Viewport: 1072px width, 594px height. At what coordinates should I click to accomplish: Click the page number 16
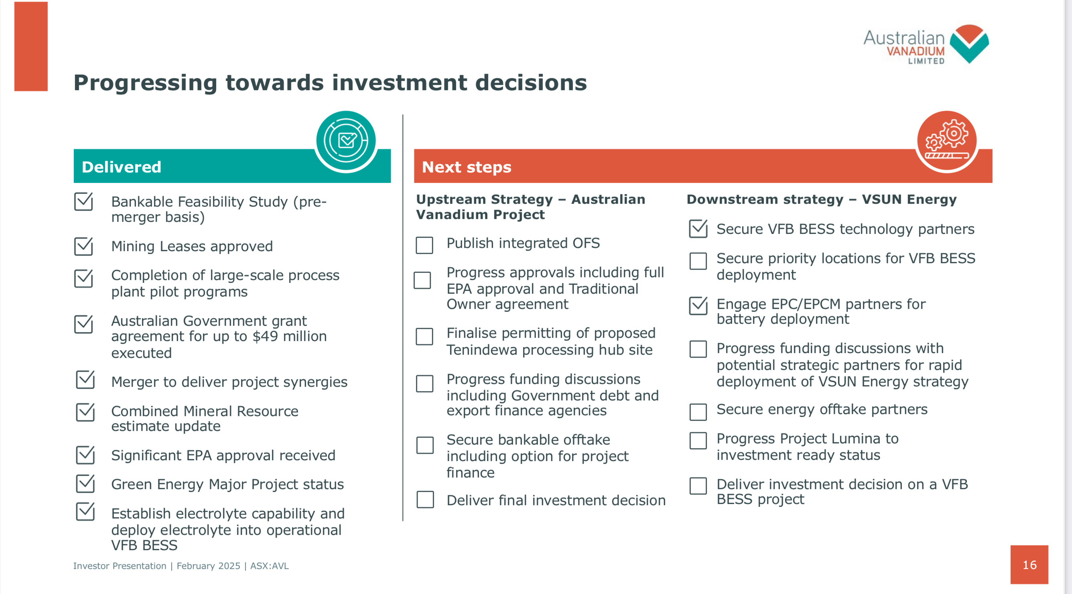click(x=1029, y=565)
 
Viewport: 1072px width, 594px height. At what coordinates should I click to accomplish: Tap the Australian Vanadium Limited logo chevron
click(x=969, y=44)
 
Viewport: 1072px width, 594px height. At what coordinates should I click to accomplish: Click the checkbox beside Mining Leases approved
click(x=83, y=246)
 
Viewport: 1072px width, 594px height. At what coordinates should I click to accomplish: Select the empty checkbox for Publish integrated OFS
click(x=424, y=245)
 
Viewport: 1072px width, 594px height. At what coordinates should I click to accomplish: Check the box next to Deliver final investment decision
click(x=425, y=500)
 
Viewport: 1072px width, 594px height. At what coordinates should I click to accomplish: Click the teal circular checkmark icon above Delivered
click(x=346, y=141)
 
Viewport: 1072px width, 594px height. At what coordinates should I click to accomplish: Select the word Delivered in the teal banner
click(x=121, y=167)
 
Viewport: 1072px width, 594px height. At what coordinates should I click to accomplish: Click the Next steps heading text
click(x=467, y=167)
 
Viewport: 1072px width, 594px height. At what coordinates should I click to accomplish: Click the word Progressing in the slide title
click(x=145, y=83)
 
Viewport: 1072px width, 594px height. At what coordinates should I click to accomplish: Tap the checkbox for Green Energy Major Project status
click(x=85, y=484)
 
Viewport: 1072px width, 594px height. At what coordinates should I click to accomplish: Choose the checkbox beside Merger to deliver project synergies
click(x=85, y=380)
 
